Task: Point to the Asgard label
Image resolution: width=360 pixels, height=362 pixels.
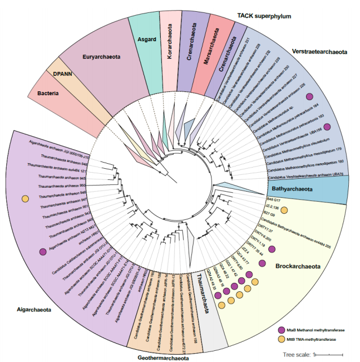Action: coord(146,40)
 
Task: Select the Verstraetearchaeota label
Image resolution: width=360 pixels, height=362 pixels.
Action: coord(319,52)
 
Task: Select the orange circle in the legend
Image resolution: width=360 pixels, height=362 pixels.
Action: coord(282,339)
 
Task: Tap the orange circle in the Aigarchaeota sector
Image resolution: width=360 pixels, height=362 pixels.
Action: coord(25,199)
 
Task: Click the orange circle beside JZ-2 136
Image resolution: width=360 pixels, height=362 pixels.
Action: coord(284,209)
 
